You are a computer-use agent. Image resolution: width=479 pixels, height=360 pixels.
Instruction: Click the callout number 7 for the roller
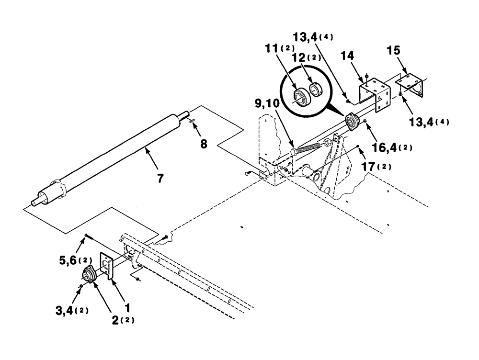160,179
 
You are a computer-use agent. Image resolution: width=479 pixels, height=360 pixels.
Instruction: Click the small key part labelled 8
191,122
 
